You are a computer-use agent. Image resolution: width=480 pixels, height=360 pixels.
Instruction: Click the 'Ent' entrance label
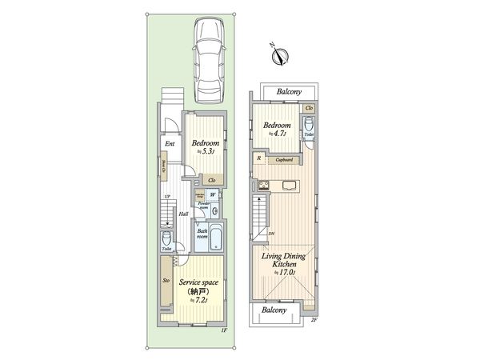point(170,144)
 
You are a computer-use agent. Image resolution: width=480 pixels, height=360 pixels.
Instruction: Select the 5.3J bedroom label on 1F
point(206,146)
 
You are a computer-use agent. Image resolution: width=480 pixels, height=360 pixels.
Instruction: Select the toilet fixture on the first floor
point(166,239)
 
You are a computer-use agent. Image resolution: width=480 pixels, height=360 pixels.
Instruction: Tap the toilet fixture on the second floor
point(309,126)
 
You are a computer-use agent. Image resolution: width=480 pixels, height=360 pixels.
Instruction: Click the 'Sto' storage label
point(166,281)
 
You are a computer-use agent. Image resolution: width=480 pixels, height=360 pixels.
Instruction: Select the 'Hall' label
point(183,214)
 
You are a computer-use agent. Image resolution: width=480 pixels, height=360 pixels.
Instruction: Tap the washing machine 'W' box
point(213,193)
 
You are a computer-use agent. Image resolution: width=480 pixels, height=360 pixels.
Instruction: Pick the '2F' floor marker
point(314,320)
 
